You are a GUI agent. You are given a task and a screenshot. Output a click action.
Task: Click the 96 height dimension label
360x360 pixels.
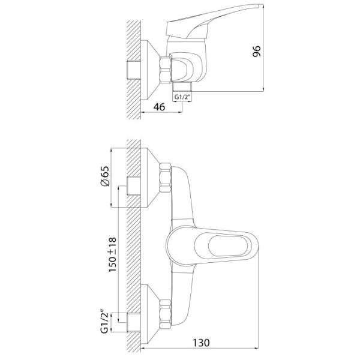point(256,52)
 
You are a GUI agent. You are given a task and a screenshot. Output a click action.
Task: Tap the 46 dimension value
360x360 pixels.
point(160,107)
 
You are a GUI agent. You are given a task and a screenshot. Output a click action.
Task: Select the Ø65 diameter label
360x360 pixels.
point(106,176)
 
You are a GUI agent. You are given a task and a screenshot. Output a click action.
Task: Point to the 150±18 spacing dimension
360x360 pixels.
point(113,255)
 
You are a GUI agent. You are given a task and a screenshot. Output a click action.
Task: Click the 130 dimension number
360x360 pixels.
point(201,343)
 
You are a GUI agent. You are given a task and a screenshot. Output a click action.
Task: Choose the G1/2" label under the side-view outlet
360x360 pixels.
point(182,97)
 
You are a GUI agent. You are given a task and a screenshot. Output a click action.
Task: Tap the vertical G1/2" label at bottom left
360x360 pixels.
point(104,321)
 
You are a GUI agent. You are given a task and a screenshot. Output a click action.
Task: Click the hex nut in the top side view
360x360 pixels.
point(166,70)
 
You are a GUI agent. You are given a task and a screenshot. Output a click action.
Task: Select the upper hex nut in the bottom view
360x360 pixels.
point(166,178)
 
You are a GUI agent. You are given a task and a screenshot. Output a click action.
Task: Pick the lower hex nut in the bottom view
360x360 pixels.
point(166,314)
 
